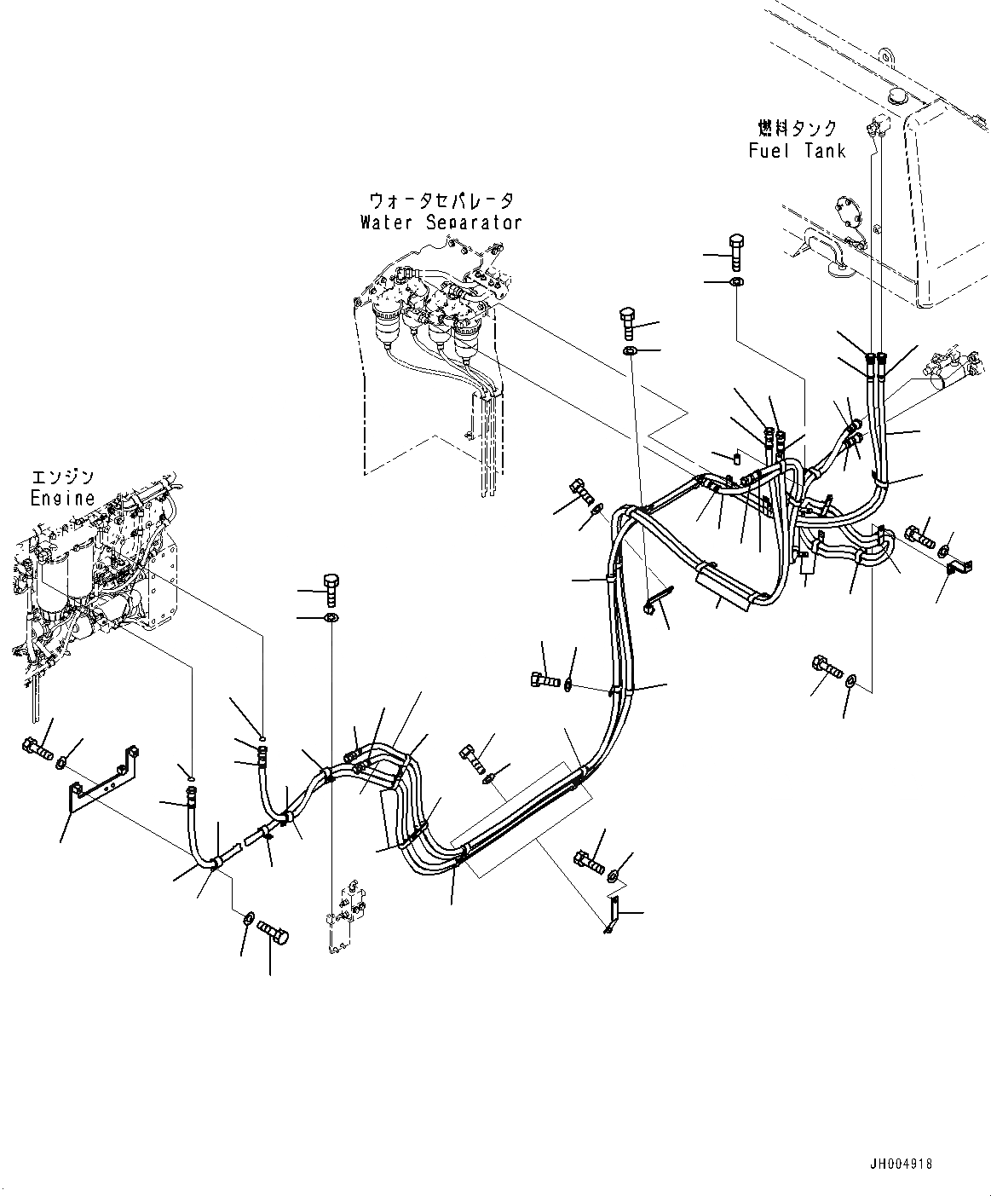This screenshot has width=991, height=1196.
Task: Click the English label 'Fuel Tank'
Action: click(x=797, y=151)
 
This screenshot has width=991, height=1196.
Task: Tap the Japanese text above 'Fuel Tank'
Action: click(x=798, y=129)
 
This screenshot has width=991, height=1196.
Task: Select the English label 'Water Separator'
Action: click(x=441, y=222)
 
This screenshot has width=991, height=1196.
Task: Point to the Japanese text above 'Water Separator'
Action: click(x=441, y=201)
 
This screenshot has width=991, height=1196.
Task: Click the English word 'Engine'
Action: click(x=63, y=498)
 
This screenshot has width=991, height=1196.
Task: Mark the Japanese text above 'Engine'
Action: click(x=63, y=477)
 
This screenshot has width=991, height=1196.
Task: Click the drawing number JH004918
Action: click(x=901, y=1164)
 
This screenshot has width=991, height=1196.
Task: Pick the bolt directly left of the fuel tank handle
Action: click(x=735, y=249)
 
